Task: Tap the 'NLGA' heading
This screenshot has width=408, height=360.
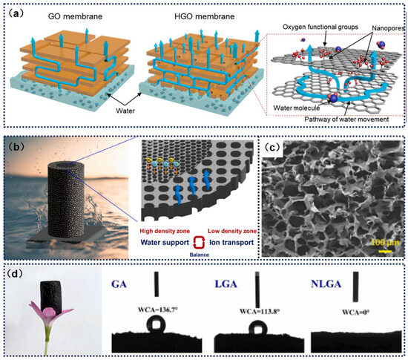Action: point(343,285)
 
